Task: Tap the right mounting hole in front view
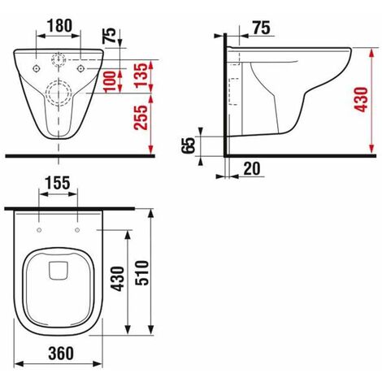click(81, 68)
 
